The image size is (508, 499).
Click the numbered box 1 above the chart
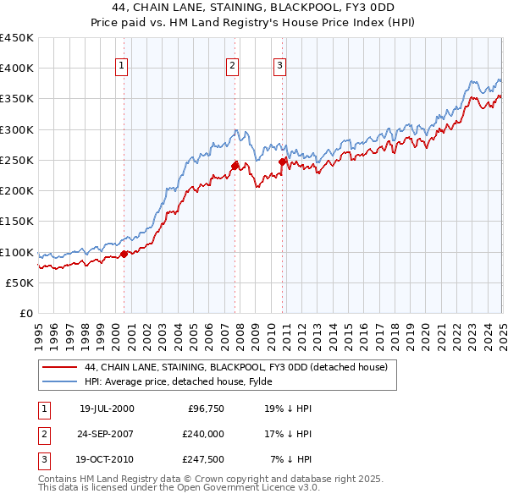point(121,66)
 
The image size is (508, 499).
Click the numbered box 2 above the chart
point(232,66)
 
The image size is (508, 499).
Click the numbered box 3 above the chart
point(279,66)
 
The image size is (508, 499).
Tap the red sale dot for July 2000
point(124,253)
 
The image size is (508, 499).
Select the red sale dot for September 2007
point(235,166)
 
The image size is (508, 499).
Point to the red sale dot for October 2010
point(282,162)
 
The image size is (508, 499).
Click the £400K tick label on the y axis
point(16,69)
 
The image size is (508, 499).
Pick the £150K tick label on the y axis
point(16,222)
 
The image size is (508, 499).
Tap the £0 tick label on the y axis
point(26,314)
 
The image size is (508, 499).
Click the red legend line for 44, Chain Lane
point(59,367)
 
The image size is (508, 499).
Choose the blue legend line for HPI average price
point(59,381)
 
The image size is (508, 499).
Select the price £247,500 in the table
point(203,460)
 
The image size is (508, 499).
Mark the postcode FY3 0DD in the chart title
point(382,10)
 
